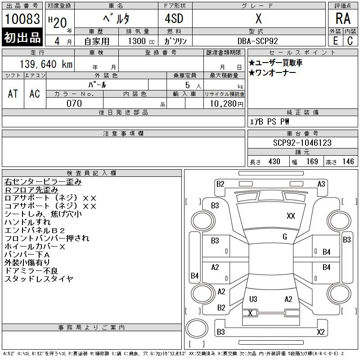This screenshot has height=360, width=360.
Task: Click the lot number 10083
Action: pos(22,19)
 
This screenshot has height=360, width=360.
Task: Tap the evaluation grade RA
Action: pos(343,19)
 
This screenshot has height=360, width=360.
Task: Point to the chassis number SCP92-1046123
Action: pos(302,143)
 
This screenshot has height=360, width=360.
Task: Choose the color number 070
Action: pos(74,103)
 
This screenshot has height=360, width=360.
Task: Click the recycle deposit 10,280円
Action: pos(224,103)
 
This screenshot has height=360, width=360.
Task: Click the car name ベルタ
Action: pos(116,19)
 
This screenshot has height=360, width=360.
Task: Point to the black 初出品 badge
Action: pos(22,38)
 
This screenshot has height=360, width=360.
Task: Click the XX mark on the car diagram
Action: pos(291,216)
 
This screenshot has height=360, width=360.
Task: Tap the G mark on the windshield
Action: pos(285,237)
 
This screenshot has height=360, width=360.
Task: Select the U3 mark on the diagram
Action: pos(253,299)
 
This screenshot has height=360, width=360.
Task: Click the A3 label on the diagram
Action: pos(321,184)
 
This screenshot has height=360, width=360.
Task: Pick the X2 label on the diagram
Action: pos(320,332)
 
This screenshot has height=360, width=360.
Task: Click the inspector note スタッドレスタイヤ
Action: pos(39,279)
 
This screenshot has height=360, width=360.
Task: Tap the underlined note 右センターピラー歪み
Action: pos(43,182)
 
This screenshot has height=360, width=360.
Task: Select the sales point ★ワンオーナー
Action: pos(272,72)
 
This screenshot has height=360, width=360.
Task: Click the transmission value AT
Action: pos(13,94)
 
